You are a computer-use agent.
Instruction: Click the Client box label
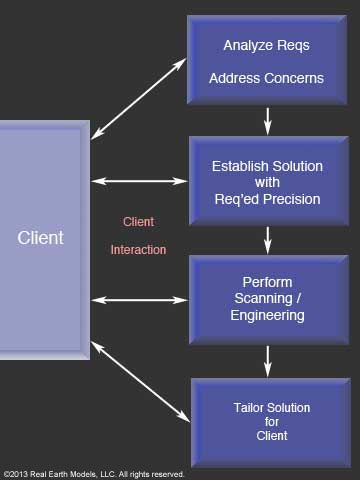pos(40,238)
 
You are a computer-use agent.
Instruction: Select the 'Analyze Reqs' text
pos(266,46)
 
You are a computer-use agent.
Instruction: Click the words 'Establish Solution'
pos(266,165)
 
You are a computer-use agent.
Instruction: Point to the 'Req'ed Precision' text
pos(266,199)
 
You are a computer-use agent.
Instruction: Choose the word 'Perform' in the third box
pos(266,281)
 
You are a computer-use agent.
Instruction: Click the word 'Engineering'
pos(266,315)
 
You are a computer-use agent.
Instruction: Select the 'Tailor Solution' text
pos(266,407)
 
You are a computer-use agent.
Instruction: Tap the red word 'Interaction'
pos(138,250)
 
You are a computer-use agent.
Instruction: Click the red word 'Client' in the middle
pos(138,221)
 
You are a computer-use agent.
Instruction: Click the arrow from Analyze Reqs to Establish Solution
pos(267,120)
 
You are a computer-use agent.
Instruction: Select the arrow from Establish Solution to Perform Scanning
pos(267,239)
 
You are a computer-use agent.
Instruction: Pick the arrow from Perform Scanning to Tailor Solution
pos(267,357)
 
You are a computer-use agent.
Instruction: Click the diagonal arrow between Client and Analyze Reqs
pos(139,97)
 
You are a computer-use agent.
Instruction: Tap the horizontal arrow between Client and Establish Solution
pos(139,181)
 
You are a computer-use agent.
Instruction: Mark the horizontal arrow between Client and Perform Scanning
pos(139,299)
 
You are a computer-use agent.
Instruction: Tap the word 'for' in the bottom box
pos(266,421)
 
